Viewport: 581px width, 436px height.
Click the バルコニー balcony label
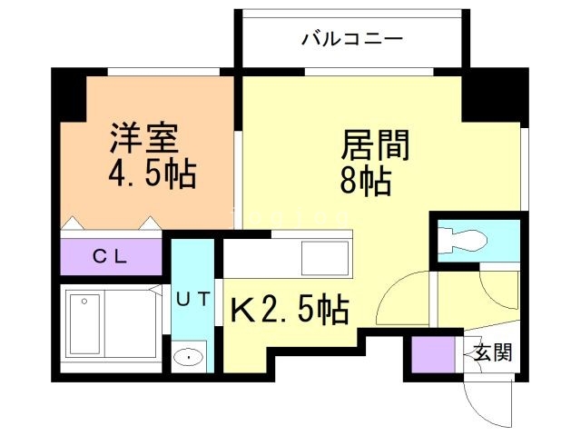point(351,39)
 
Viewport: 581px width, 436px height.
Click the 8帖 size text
point(365,181)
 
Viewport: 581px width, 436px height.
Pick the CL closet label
point(111,256)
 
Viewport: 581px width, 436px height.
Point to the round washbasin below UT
point(190,357)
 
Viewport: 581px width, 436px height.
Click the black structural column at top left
point(69,92)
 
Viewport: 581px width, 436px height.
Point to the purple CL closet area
point(111,256)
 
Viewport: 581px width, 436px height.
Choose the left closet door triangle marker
point(74,221)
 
